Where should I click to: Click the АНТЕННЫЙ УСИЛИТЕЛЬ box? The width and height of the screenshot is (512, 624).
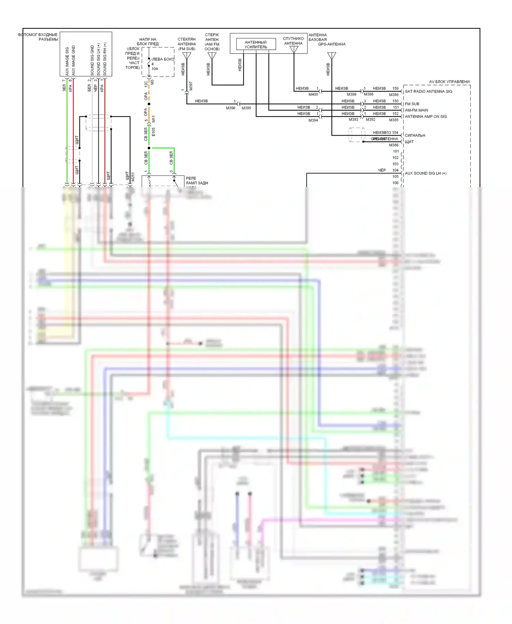click(x=256, y=44)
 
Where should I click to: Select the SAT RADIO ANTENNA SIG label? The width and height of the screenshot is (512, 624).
click(x=428, y=91)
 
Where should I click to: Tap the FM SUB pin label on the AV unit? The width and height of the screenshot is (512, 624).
click(x=412, y=104)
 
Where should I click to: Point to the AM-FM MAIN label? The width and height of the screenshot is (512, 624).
click(x=416, y=110)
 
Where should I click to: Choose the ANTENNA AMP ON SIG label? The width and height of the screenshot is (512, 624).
click(x=426, y=116)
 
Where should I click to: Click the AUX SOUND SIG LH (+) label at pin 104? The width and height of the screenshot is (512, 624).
click(x=425, y=173)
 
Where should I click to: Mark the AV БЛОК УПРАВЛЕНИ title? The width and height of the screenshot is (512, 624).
click(x=449, y=82)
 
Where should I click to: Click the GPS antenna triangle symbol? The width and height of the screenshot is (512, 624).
click(x=331, y=56)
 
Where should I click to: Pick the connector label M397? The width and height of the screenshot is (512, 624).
click(x=191, y=86)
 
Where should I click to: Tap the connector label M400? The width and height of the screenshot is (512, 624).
click(x=313, y=94)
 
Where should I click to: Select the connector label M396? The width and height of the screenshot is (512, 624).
click(x=230, y=108)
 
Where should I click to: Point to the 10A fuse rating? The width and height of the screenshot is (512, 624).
click(x=155, y=69)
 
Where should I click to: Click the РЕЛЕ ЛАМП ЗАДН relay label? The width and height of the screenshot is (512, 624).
click(x=197, y=181)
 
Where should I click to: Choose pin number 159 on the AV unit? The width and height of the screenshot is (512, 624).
click(x=395, y=88)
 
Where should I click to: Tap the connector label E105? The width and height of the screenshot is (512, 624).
click(x=153, y=132)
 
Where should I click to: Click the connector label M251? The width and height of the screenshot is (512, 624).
click(x=133, y=177)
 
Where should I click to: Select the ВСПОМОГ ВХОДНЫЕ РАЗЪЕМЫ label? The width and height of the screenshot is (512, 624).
click(x=38, y=37)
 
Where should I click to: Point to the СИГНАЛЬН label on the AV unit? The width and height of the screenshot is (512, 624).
click(x=415, y=136)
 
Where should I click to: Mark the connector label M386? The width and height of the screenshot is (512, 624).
click(x=394, y=145)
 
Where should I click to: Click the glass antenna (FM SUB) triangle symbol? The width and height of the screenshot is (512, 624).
click(x=187, y=55)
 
